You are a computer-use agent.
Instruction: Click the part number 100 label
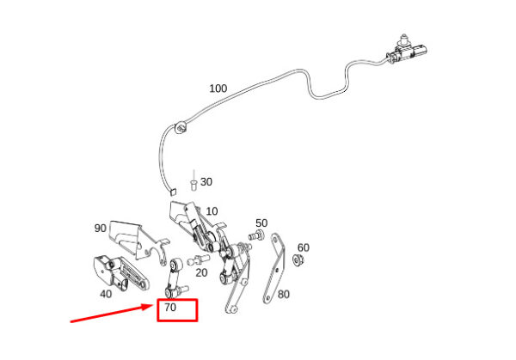[x=218, y=88]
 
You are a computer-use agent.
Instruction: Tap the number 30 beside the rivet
[x=206, y=182]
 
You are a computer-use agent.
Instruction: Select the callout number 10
[x=212, y=211]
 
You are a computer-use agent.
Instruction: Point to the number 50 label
[x=261, y=223]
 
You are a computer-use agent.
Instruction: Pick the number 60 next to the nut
[x=303, y=247]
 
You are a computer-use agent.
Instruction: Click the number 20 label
[x=201, y=272]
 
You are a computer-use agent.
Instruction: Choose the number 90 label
[x=101, y=229]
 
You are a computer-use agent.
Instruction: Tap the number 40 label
[x=105, y=293]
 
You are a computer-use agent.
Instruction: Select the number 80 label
[x=284, y=294]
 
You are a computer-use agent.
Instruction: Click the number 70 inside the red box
[x=169, y=307]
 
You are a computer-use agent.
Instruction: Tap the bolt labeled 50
[x=255, y=235]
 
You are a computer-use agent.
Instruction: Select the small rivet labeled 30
[x=193, y=183]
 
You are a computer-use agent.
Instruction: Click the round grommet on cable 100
[x=181, y=129]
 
